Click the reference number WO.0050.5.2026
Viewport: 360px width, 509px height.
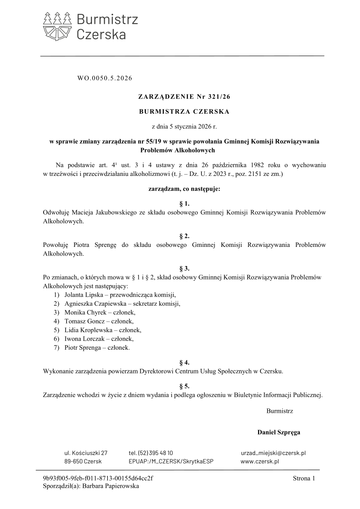click(x=104, y=79)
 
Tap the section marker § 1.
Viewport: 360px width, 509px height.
click(x=184, y=203)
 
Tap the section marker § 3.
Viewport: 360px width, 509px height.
click(x=184, y=268)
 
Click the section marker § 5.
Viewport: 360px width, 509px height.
click(x=184, y=386)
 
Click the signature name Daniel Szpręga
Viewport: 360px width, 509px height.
click(x=278, y=433)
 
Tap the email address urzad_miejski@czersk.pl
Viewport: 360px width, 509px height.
click(x=273, y=453)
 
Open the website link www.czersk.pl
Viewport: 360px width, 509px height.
click(x=260, y=462)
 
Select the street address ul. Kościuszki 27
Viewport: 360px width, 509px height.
click(x=86, y=453)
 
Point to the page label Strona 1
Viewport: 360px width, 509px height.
click(x=303, y=479)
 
